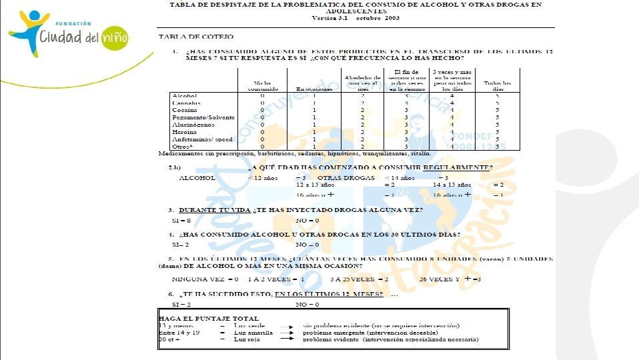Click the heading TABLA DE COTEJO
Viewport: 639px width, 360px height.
coord(187,37)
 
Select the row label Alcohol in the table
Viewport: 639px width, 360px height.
coord(184,96)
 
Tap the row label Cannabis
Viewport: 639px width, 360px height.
coord(186,103)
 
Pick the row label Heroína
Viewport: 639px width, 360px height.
coord(184,132)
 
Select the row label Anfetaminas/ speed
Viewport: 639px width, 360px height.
coord(202,139)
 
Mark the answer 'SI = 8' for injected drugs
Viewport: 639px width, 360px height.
coord(181,220)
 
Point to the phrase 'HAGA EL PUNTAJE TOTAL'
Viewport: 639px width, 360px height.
coord(208,318)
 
